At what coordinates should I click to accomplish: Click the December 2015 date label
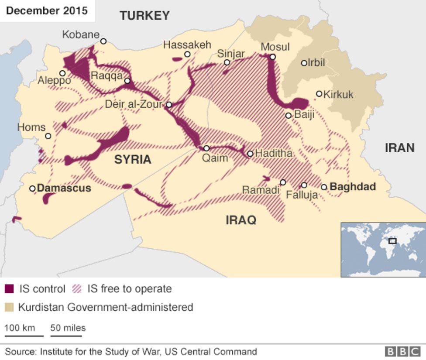tap(47, 10)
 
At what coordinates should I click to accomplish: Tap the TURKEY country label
tap(144, 16)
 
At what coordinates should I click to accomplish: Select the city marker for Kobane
tap(103, 41)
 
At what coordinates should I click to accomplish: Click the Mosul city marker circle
tap(273, 57)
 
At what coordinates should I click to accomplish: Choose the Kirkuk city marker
tap(319, 94)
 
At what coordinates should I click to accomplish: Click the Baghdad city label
tap(353, 187)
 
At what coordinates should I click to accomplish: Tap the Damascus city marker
tap(32, 189)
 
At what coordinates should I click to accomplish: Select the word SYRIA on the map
tap(133, 160)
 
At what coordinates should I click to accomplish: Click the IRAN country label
tap(399, 148)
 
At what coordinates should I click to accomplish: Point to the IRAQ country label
tap(241, 220)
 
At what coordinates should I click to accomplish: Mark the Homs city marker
tap(48, 136)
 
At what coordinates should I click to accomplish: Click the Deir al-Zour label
tap(134, 105)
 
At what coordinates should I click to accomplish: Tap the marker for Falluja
tap(304, 185)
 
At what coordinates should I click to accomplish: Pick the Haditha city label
tap(273, 154)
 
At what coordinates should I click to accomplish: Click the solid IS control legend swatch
tap(9, 289)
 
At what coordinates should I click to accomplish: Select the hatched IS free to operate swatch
tap(77, 289)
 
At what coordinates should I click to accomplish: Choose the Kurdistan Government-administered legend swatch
tap(9, 307)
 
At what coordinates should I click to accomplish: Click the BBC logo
tap(402, 352)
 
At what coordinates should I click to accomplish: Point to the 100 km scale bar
tap(24, 336)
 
